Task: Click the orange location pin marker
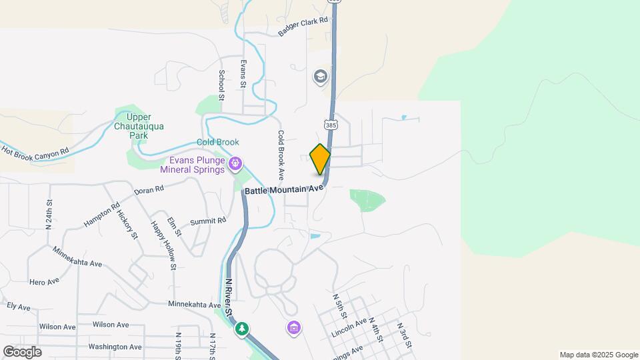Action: tap(321, 159)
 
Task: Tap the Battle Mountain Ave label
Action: tap(284, 189)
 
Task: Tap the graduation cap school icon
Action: tap(321, 77)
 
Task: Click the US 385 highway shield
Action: tap(331, 124)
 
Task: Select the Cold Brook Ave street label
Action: tap(281, 155)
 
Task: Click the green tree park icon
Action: tap(242, 328)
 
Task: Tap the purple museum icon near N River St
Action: tap(294, 327)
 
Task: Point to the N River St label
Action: tap(229, 297)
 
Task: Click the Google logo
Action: tap(22, 351)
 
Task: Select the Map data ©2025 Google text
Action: tap(599, 355)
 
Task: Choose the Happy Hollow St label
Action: tap(163, 245)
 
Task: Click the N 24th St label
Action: tap(49, 214)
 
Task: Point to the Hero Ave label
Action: tap(44, 282)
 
